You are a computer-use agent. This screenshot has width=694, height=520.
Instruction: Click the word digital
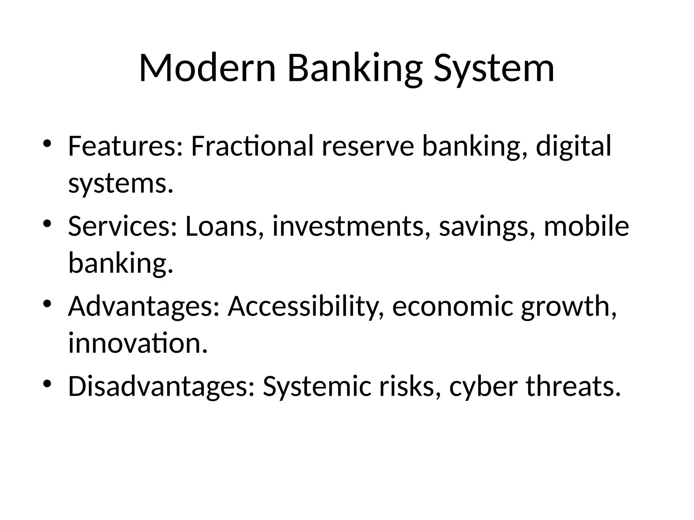pos(573,146)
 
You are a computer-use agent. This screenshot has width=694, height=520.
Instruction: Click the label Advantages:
pos(144,306)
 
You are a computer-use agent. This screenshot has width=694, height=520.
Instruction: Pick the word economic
pos(452,306)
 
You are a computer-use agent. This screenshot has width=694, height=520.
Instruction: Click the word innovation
pos(138,343)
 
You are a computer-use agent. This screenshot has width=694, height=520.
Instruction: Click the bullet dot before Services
pos(47,224)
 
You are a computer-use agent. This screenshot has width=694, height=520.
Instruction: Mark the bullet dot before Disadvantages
pos(47,384)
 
